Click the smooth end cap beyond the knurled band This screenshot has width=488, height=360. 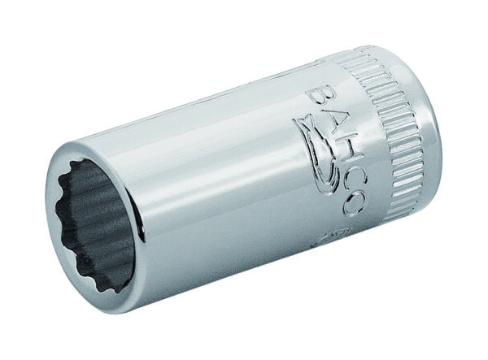(x=439, y=122)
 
